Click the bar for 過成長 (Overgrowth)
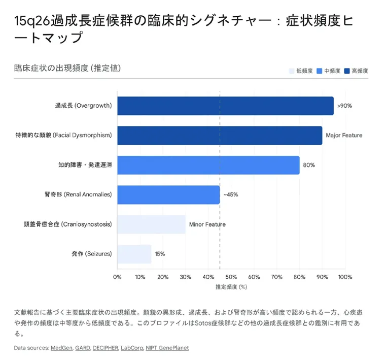[x=225, y=106]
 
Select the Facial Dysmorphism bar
[x=220, y=136]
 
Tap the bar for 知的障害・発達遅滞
[x=208, y=165]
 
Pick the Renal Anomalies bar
[x=168, y=194]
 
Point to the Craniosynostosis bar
[x=151, y=224]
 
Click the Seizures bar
[x=134, y=254]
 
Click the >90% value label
[x=344, y=106]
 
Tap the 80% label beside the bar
[x=309, y=165]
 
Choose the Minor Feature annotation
[x=207, y=224]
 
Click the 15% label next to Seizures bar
[x=160, y=254]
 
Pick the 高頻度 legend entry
[x=356, y=71]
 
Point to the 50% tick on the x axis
[x=231, y=277]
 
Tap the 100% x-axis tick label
[x=345, y=277]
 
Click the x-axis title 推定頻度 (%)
[x=231, y=287]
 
